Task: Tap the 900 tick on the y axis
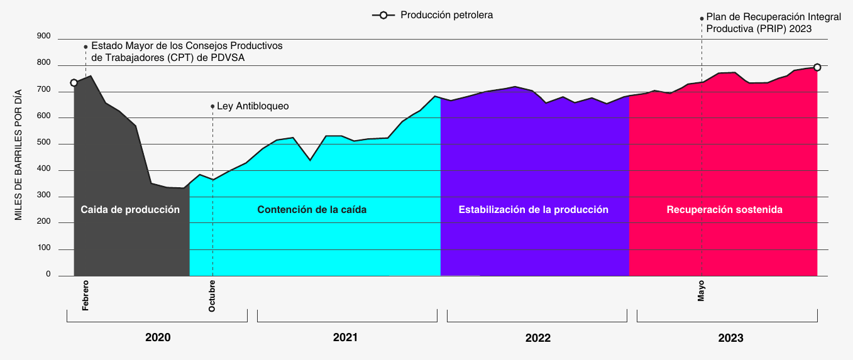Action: click(43, 36)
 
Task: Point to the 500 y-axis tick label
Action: click(43, 144)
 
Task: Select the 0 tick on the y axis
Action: click(48, 275)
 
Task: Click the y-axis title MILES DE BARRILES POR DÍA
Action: click(19, 154)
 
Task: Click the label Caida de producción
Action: click(130, 210)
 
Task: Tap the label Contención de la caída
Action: click(312, 210)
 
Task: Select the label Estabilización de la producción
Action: click(533, 210)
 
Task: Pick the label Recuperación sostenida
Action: click(724, 210)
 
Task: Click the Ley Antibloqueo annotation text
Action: click(252, 106)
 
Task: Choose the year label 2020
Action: click(158, 337)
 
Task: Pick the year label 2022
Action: click(537, 337)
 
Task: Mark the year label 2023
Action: click(730, 337)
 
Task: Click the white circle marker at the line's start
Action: click(74, 83)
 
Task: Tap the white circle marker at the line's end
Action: click(817, 67)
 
